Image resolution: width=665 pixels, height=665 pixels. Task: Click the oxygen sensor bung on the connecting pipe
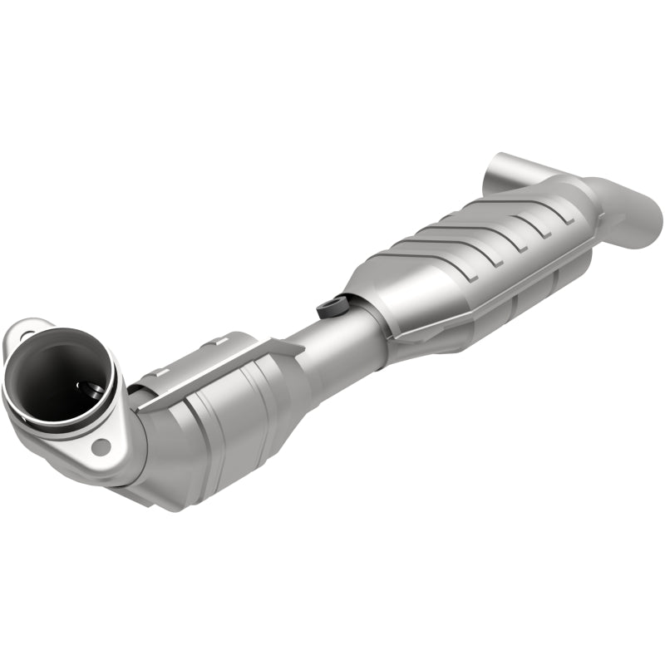[x=330, y=306]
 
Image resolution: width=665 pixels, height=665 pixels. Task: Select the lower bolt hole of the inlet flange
[x=101, y=446]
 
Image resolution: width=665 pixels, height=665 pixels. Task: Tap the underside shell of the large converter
[x=499, y=308]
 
